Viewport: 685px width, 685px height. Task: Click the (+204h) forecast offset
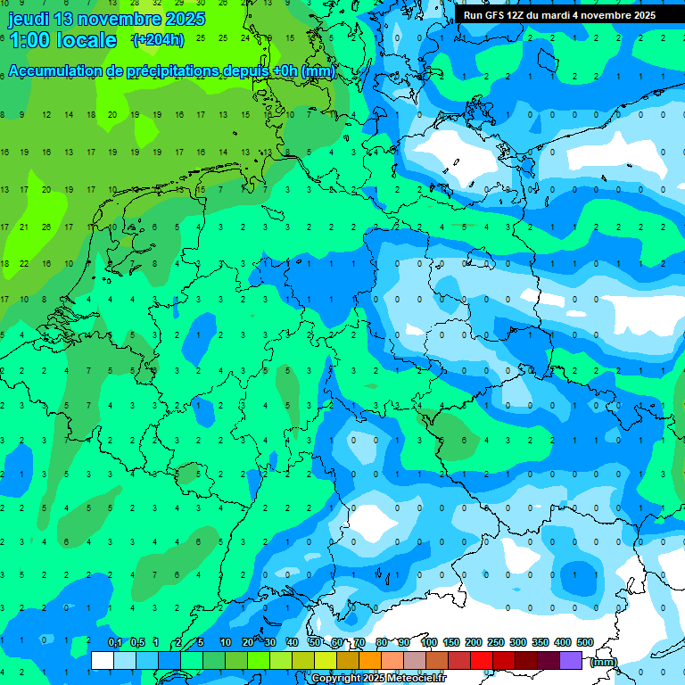coord(158,40)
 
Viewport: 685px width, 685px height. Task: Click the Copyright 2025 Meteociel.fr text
coord(378,679)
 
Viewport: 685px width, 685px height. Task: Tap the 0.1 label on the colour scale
coord(115,643)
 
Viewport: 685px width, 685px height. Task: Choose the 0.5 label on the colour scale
coord(137,643)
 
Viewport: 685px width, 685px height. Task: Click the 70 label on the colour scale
coord(359,643)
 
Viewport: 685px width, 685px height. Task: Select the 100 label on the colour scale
coord(428,643)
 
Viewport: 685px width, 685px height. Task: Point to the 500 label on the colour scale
coord(585,643)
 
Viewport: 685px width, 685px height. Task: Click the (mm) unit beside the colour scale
coord(604,662)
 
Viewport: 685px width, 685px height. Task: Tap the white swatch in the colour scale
coord(103,660)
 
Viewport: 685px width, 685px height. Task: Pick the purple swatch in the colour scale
coord(571,660)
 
